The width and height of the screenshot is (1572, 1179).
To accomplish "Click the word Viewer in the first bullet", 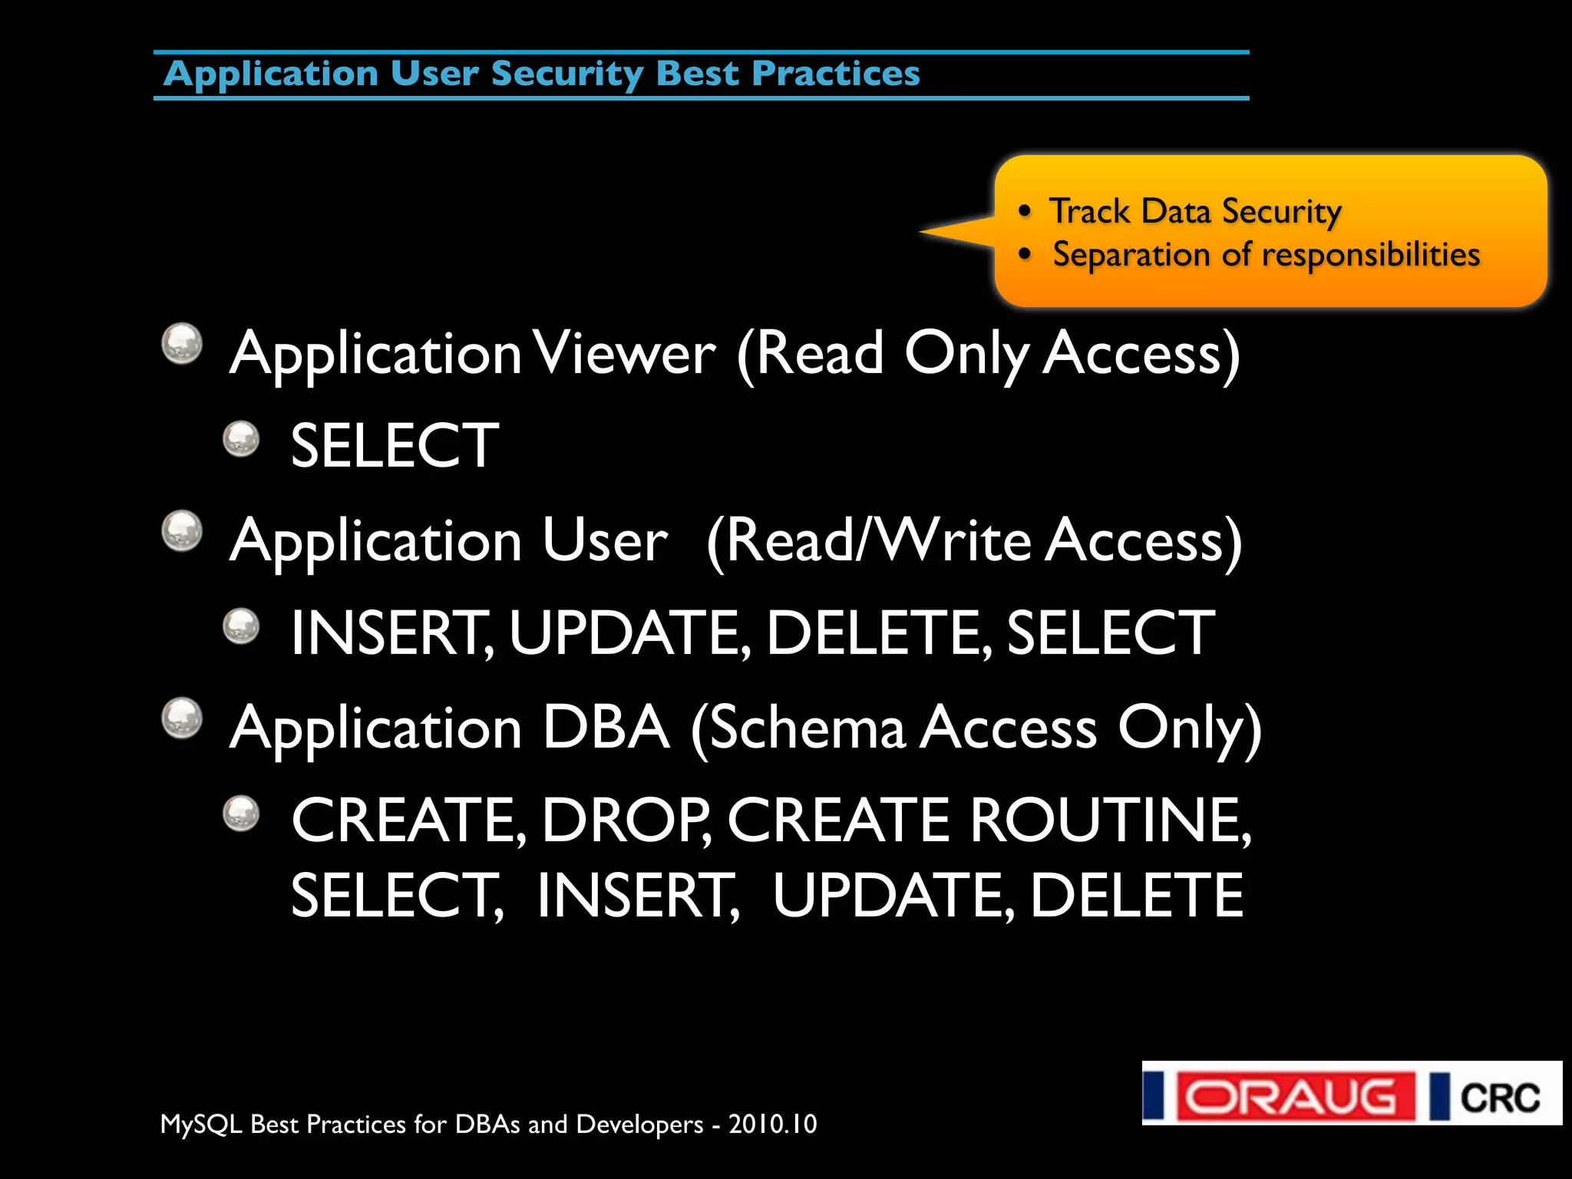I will coord(624,354).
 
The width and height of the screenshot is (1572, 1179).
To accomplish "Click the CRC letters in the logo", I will coord(1499,1098).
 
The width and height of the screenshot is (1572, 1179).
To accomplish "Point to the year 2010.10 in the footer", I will coord(772,1125).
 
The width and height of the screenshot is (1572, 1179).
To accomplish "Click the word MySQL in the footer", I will coord(201,1125).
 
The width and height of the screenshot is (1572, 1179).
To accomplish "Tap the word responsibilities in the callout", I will coord(1371,255).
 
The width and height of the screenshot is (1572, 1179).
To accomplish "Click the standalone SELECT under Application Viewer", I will coord(395,446).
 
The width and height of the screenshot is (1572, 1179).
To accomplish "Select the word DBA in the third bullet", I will coord(606,728).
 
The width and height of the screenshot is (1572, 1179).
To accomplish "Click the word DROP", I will coord(625,821).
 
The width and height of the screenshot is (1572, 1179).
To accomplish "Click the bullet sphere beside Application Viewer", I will coord(182,343).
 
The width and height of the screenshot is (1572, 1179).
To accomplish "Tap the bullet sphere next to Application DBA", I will coord(182,718).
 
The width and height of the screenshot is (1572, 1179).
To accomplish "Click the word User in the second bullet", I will coord(604,540).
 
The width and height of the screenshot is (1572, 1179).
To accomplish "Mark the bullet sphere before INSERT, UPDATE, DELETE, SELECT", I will coord(241,626).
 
